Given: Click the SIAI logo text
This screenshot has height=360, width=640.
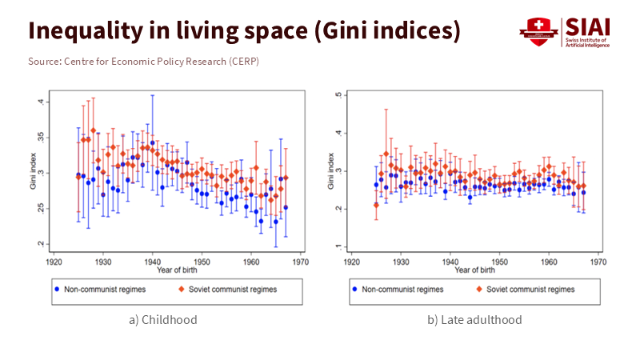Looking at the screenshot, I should [587, 26].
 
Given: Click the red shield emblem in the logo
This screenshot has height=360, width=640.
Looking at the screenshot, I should [534, 31].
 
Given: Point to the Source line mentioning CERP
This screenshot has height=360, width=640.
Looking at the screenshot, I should [144, 62].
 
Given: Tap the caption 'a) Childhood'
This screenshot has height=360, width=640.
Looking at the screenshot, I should [162, 320].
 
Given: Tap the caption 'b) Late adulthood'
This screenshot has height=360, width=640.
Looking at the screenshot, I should [474, 320].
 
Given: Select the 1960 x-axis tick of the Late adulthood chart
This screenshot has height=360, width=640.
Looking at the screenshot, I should [549, 261].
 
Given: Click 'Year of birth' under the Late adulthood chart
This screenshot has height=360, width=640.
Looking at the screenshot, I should [474, 269].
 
